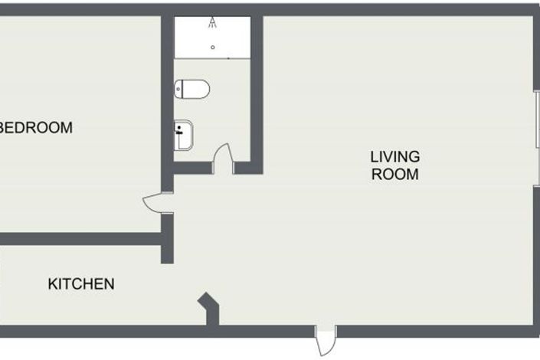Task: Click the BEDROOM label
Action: [37, 128]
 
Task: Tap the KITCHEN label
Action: [81, 284]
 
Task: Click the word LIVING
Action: [395, 157]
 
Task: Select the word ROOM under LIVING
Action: [395, 174]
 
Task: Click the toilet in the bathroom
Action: [191, 90]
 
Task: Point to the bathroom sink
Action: [185, 136]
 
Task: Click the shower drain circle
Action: [213, 47]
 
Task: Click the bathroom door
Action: [223, 157]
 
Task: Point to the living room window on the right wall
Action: [537, 123]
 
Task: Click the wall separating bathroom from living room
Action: [257, 92]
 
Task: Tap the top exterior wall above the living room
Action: [398, 9]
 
